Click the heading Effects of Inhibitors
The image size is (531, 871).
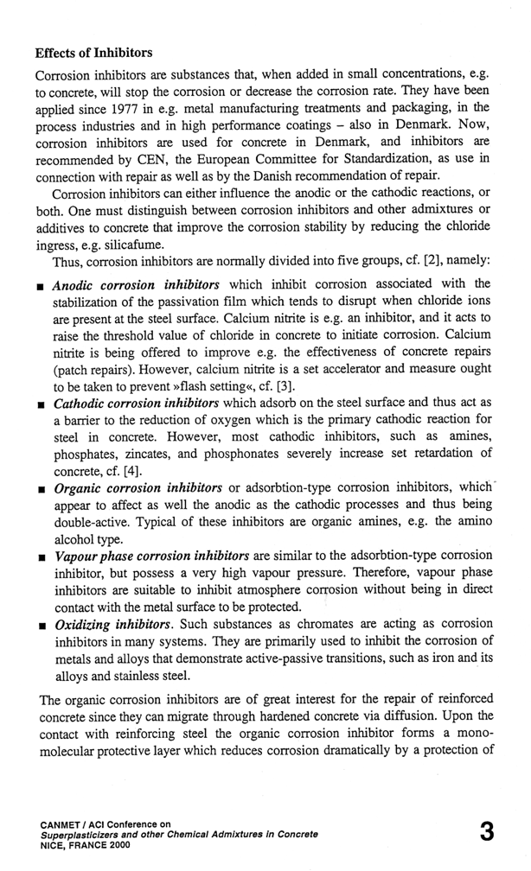click(94, 53)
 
